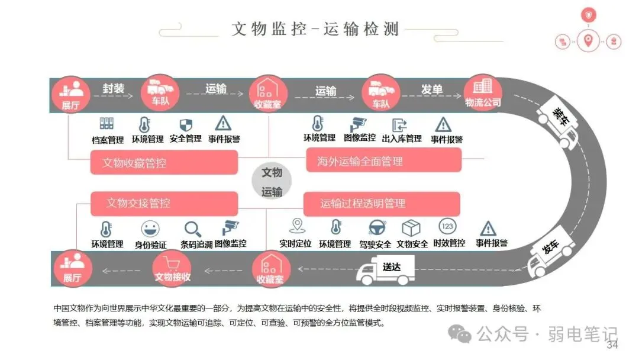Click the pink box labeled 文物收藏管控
(164, 162)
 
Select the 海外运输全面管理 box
(383, 160)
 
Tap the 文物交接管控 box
(164, 204)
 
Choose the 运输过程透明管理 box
(382, 204)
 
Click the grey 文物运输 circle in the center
(272, 182)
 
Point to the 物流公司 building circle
(483, 92)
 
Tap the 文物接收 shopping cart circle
(172, 268)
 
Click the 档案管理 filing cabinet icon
(107, 124)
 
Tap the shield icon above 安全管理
(186, 124)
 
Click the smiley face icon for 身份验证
(150, 229)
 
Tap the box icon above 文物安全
(411, 228)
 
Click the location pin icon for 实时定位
(296, 226)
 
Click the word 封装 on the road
(114, 89)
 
